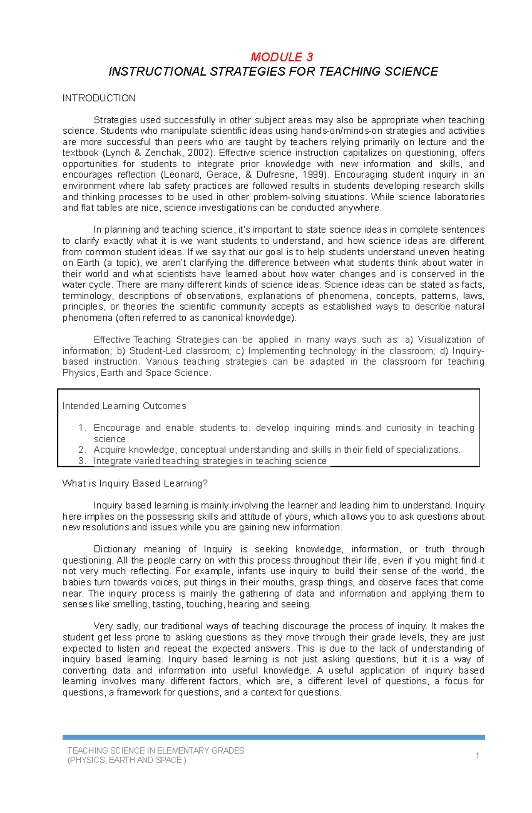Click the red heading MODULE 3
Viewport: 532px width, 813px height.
coord(282,57)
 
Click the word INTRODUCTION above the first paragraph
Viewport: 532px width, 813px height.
coord(98,98)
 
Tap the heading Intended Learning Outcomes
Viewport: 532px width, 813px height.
coord(124,406)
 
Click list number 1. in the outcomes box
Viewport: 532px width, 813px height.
coord(82,428)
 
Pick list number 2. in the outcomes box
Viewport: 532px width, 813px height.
coord(82,450)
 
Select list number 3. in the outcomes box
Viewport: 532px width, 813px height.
coord(82,461)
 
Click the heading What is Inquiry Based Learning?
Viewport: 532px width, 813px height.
coord(135,483)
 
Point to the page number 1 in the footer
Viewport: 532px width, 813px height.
coord(477,755)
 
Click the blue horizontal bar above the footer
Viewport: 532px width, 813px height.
coord(274,737)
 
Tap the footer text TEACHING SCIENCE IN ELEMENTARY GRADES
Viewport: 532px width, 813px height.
coord(156,751)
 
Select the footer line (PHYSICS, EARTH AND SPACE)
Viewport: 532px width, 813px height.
coord(126,760)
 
